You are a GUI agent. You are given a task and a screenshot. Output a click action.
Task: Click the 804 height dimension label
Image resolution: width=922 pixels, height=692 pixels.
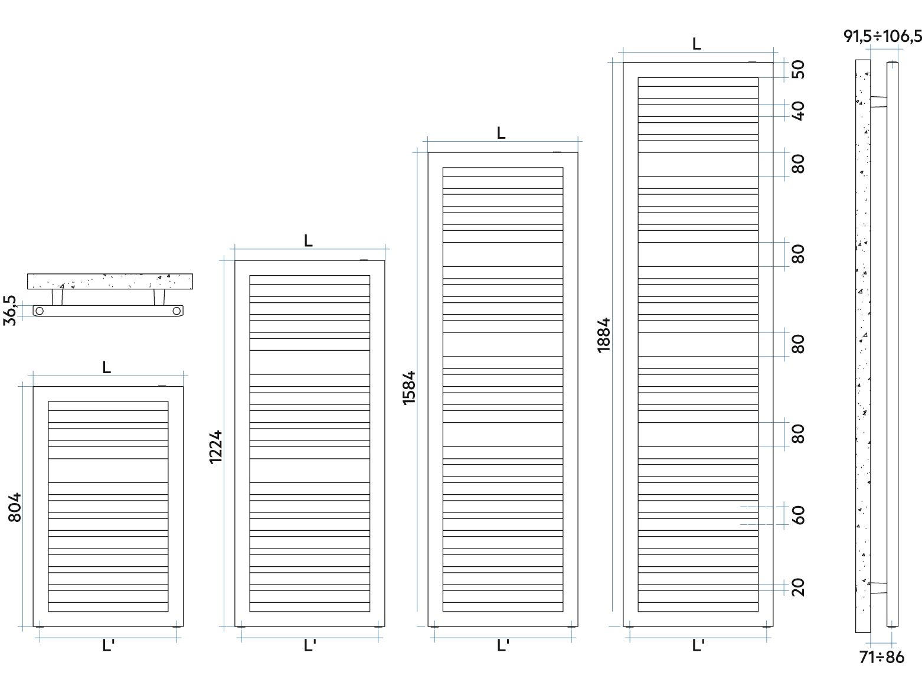pyautogui.click(x=15, y=507)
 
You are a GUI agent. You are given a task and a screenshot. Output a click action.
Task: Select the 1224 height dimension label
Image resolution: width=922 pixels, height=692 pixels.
pyautogui.click(x=215, y=447)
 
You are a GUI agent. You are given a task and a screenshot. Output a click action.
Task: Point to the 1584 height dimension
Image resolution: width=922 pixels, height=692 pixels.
pyautogui.click(x=408, y=388)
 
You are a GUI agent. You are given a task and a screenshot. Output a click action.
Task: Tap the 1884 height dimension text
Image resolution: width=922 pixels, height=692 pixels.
pyautogui.click(x=604, y=335)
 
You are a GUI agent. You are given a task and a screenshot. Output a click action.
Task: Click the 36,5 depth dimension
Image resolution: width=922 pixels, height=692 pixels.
pyautogui.click(x=9, y=310)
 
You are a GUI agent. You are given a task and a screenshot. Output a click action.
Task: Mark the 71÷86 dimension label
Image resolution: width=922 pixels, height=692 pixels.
pyautogui.click(x=882, y=657)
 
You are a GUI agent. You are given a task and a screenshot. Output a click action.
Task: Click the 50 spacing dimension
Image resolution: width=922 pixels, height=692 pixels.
pyautogui.click(x=798, y=69)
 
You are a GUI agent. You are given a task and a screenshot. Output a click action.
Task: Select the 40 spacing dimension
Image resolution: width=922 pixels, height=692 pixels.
pyautogui.click(x=798, y=110)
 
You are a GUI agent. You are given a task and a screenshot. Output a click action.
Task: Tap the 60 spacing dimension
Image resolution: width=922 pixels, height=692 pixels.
pyautogui.click(x=798, y=515)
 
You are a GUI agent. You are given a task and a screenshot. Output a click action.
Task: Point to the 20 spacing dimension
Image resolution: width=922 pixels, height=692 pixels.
pyautogui.click(x=798, y=587)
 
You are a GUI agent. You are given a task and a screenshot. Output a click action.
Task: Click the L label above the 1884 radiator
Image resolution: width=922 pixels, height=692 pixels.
pyautogui.click(x=697, y=44)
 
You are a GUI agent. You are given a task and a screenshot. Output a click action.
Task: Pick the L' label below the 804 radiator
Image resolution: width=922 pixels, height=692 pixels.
pyautogui.click(x=108, y=645)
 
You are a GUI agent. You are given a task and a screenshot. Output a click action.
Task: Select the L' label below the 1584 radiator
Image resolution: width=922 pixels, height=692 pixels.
pyautogui.click(x=503, y=645)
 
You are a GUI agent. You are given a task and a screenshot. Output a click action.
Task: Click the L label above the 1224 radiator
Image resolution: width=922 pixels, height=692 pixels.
pyautogui.click(x=308, y=241)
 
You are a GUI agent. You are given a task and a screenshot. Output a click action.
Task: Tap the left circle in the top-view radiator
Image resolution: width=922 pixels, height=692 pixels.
pyautogui.click(x=40, y=311)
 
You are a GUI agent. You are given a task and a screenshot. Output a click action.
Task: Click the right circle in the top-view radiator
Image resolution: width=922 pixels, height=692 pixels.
pyautogui.click(x=177, y=311)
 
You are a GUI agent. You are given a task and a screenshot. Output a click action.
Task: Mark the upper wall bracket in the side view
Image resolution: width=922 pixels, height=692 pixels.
pyautogui.click(x=878, y=102)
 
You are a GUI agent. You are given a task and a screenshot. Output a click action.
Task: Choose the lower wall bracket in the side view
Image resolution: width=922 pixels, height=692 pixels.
pyautogui.click(x=878, y=588)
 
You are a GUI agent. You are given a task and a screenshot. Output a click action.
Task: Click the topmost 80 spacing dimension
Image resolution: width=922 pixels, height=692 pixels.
pyautogui.click(x=798, y=164)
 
